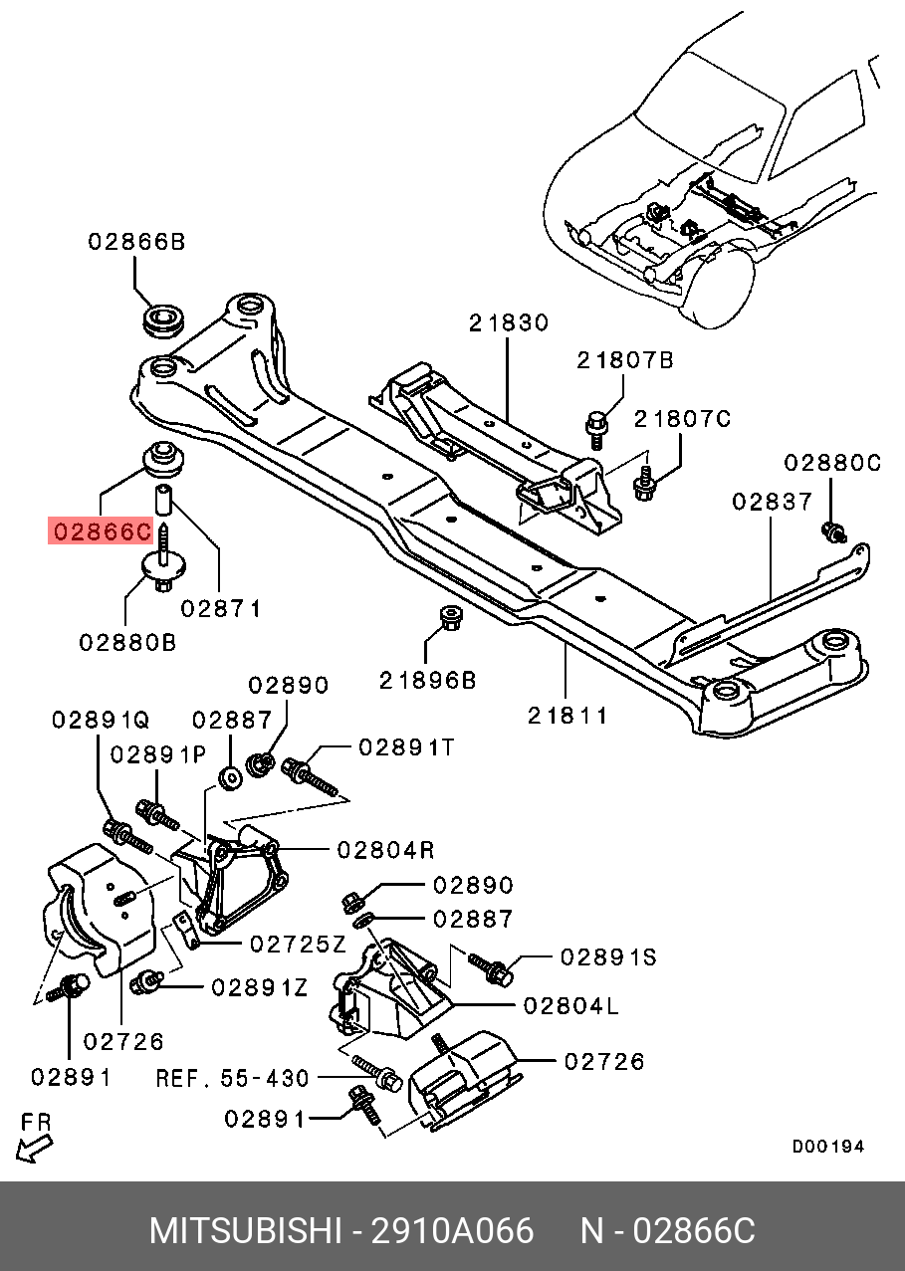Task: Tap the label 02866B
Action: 136,242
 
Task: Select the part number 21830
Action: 509,322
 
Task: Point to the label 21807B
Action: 625,360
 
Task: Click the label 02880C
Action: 831,463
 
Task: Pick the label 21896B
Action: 427,681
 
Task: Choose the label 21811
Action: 567,716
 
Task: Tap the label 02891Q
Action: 101,720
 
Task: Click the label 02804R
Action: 385,850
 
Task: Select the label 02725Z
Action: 298,945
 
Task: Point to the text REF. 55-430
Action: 233,1078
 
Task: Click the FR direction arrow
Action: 34,1149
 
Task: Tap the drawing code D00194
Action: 828,1147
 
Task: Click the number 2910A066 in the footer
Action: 452,1231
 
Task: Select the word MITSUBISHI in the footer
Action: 245,1231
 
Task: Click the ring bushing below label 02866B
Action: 162,320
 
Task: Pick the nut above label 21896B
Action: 451,618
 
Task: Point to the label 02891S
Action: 608,957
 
